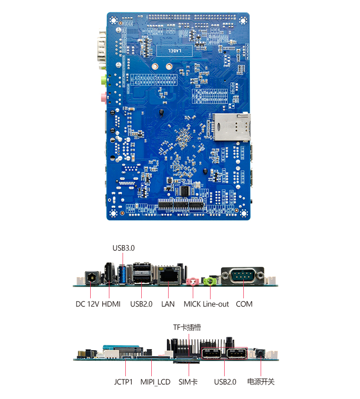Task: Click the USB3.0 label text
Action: [123, 248]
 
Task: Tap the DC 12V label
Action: [87, 304]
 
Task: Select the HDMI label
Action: [111, 304]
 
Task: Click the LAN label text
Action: [168, 304]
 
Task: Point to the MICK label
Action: [192, 304]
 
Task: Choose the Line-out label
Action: [216, 304]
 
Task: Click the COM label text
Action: [244, 304]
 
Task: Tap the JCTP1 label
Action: [123, 382]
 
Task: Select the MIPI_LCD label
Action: [155, 382]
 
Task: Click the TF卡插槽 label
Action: [187, 327]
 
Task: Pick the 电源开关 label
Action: [261, 382]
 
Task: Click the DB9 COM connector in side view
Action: [243, 276]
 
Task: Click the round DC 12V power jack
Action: [92, 277]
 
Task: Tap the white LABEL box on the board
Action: [175, 51]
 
